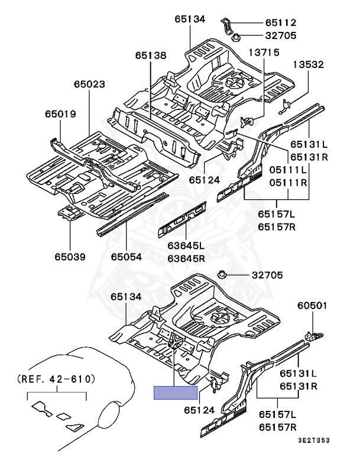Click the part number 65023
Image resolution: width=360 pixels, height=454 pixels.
(90, 85)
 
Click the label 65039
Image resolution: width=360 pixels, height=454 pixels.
(70, 257)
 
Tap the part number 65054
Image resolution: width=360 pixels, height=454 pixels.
(127, 257)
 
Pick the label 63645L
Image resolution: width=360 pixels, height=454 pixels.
(186, 245)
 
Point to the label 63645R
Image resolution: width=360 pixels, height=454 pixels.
(186, 258)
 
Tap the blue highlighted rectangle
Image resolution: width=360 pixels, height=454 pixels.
(176, 393)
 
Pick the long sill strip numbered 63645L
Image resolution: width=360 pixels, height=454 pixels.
(182, 219)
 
